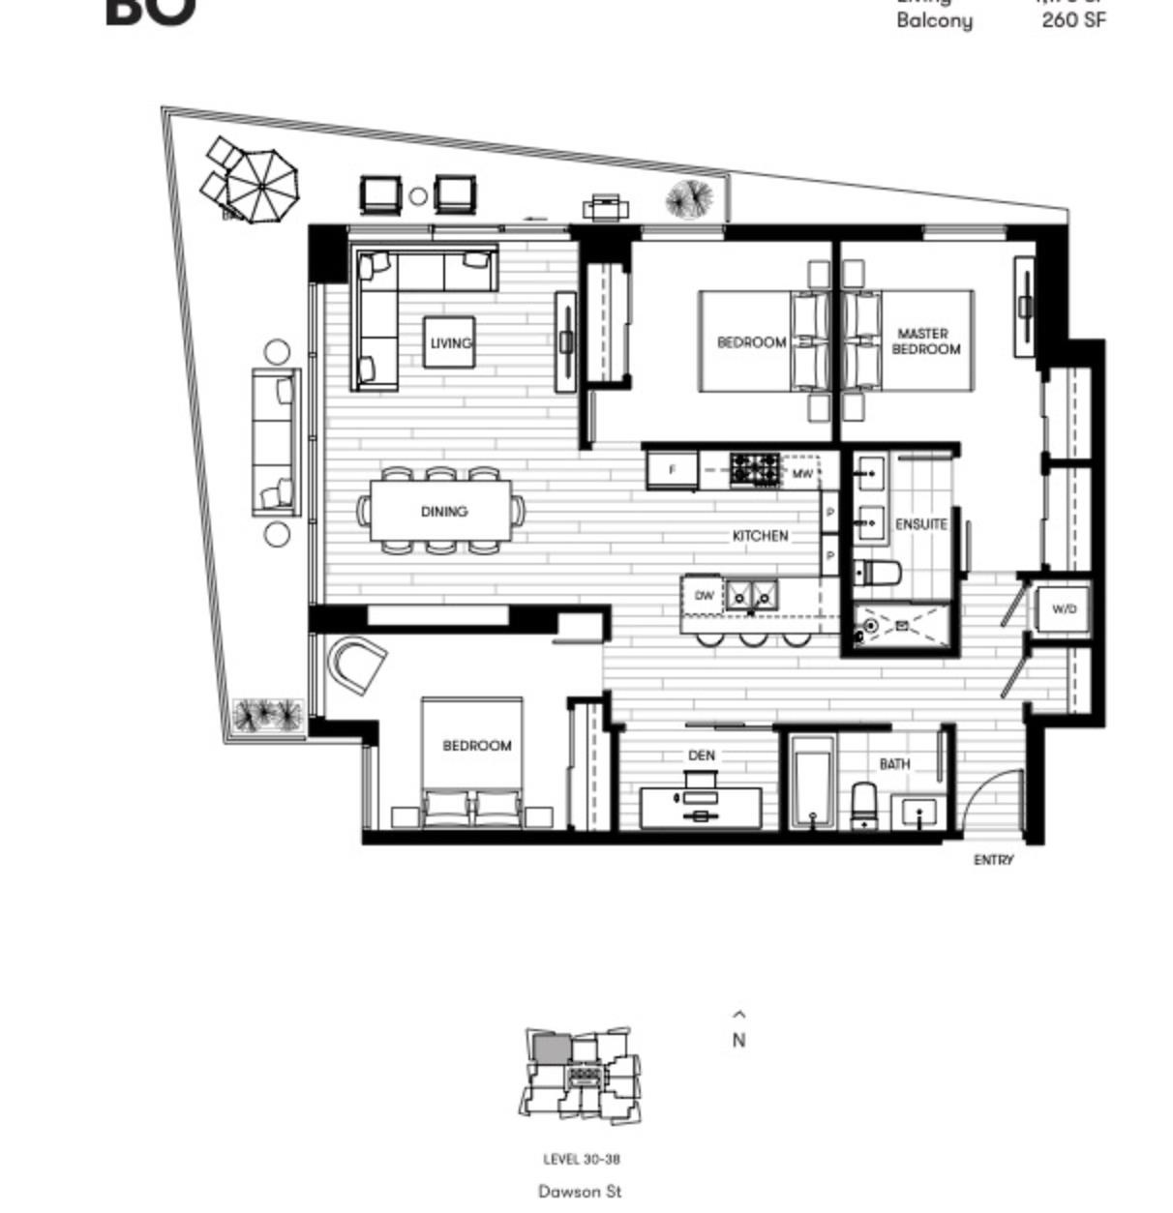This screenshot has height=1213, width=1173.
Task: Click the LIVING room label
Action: click(451, 342)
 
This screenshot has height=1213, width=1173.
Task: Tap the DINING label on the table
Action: click(444, 511)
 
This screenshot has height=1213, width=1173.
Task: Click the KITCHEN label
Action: click(760, 535)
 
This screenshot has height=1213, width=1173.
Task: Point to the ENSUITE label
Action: click(920, 523)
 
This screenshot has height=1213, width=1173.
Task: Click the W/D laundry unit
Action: click(1064, 609)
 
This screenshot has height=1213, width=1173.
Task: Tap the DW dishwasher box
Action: click(705, 596)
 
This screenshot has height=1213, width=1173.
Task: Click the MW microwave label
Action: click(802, 474)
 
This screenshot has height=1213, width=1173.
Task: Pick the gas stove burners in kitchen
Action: click(754, 470)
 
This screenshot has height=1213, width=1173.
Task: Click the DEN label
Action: click(701, 754)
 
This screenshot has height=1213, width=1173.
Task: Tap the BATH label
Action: click(894, 763)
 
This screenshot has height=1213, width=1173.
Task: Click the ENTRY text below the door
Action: click(994, 859)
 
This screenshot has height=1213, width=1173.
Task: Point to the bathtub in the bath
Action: click(811, 782)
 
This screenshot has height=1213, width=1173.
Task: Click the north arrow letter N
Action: click(739, 1041)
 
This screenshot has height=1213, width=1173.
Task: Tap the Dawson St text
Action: click(580, 1192)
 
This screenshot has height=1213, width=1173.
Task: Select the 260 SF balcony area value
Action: click(1073, 19)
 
